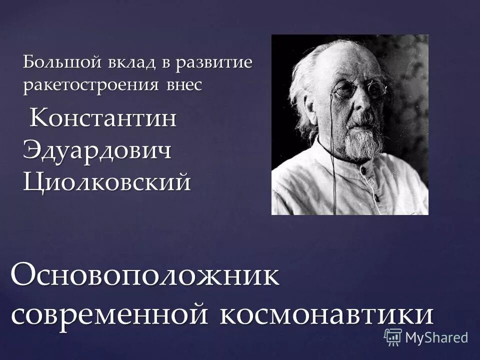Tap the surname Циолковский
click(x=107, y=181)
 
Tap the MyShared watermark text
click(x=436, y=337)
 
